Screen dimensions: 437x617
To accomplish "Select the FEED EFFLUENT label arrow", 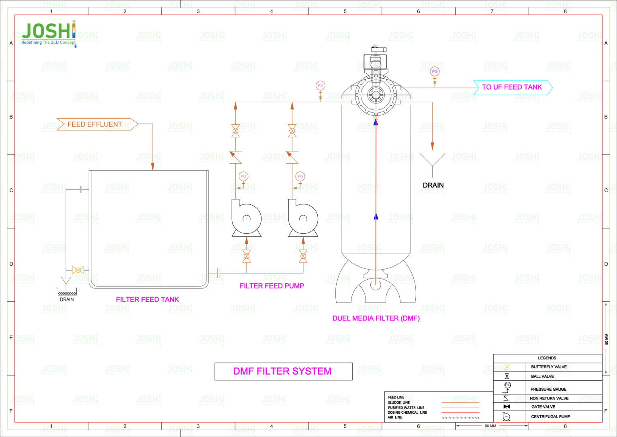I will pos(96,124).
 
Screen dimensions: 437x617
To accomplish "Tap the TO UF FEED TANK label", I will pos(512,87).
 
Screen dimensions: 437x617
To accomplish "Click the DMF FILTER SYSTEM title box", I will pos(283,371).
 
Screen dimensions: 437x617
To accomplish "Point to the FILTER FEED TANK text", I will pos(147,299).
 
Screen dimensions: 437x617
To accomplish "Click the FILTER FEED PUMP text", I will pos(272,286).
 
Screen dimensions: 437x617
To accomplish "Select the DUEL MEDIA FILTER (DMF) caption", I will pos(376,318).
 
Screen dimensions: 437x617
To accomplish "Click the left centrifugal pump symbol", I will pos(246,219).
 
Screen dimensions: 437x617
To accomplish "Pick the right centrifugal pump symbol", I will pos(303,219).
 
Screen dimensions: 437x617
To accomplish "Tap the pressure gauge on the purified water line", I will pos(434,72).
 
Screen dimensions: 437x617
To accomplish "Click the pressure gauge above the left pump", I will pos(243,177).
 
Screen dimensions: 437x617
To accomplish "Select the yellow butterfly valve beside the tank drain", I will pos(78,270).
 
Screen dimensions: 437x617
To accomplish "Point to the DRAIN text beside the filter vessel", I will pos(433,186).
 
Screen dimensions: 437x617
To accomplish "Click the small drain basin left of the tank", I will pos(67,292).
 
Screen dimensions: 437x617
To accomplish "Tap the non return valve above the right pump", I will pos(292,157).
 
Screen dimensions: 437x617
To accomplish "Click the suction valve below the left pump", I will pos(247,256).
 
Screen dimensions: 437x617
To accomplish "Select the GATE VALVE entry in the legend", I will pos(543,407).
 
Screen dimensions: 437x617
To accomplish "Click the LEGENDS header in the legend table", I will pos(547,358).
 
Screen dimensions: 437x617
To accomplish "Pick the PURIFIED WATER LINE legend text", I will pos(406,408).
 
